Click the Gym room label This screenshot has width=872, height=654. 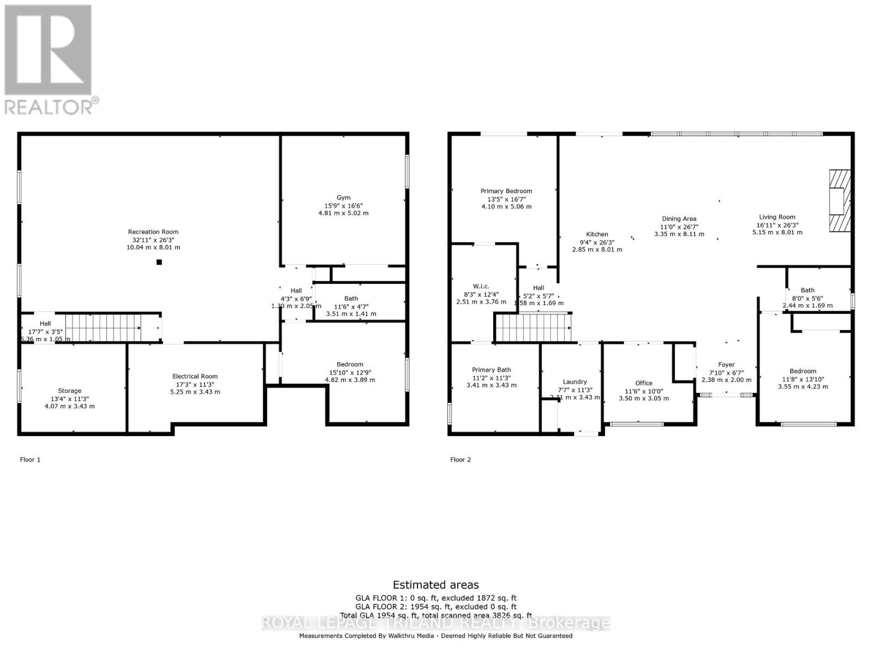[343, 198]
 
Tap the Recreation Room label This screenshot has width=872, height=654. [153, 232]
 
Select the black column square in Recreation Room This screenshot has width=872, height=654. [159, 262]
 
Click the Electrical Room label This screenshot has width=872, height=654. [195, 377]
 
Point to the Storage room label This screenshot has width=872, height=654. [70, 391]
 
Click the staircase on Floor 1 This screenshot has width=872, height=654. [103, 327]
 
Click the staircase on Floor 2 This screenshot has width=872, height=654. [533, 327]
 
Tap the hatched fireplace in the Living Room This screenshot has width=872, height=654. [839, 201]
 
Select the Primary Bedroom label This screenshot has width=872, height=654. [506, 191]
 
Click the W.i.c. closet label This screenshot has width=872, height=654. [481, 287]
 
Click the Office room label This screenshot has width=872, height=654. [644, 383]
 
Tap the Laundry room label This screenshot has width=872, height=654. [575, 382]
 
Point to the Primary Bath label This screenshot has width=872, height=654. [491, 370]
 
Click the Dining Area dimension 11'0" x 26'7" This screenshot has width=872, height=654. [679, 227]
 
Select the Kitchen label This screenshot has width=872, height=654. [597, 234]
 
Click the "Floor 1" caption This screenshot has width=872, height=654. [31, 460]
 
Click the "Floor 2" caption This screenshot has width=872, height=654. [461, 460]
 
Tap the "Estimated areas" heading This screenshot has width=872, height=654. [435, 585]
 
